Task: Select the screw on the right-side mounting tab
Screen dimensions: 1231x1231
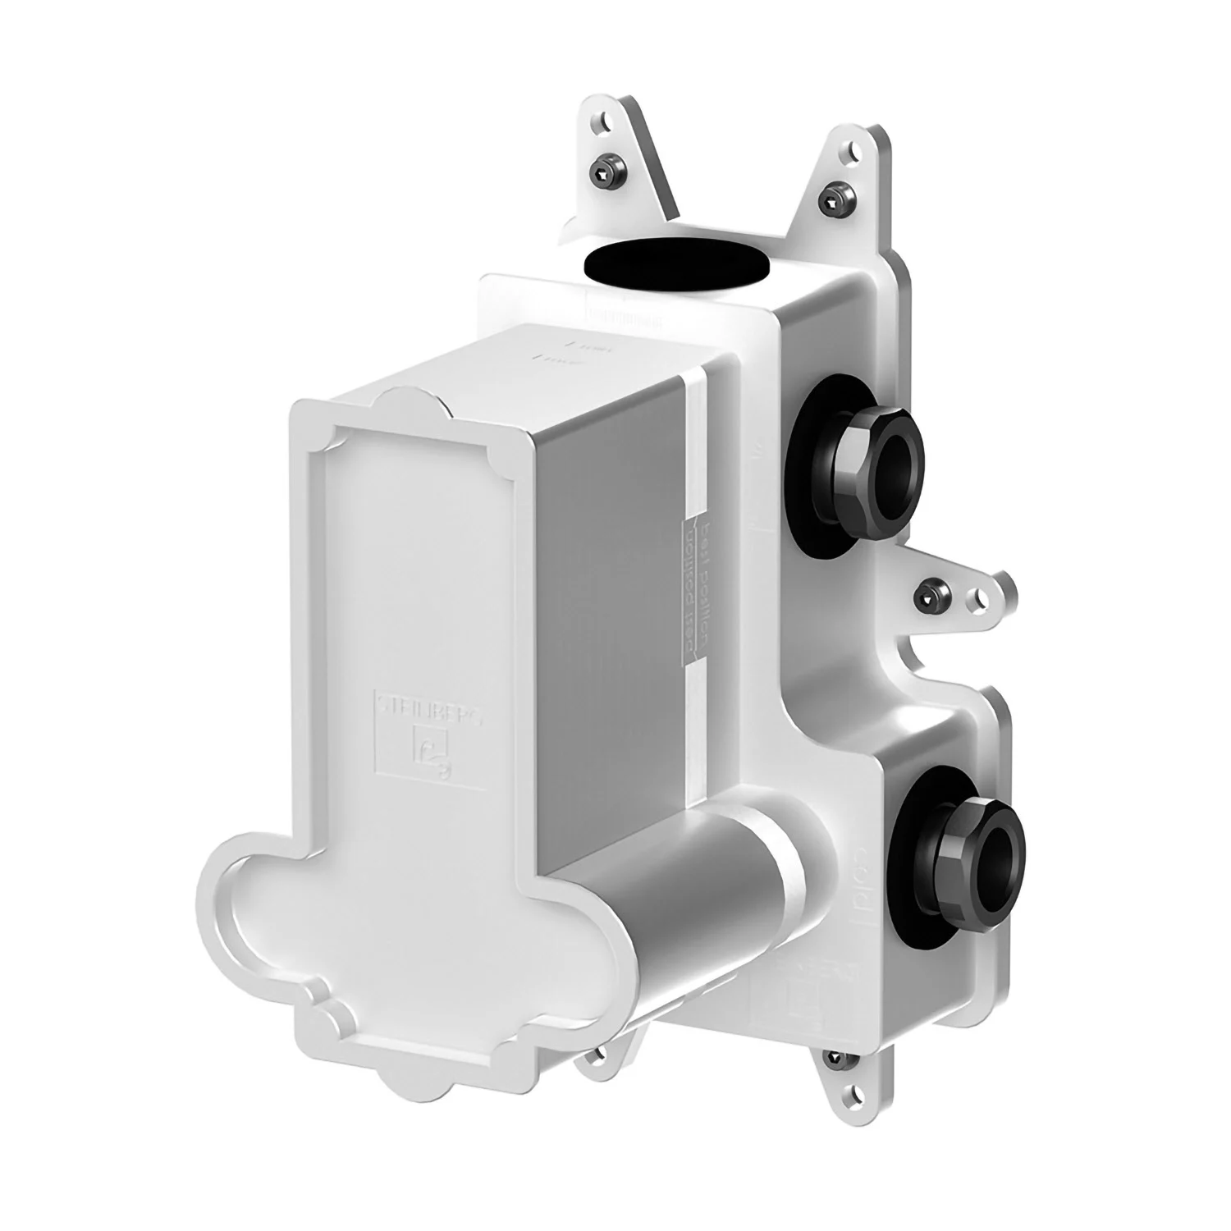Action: click(x=930, y=593)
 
